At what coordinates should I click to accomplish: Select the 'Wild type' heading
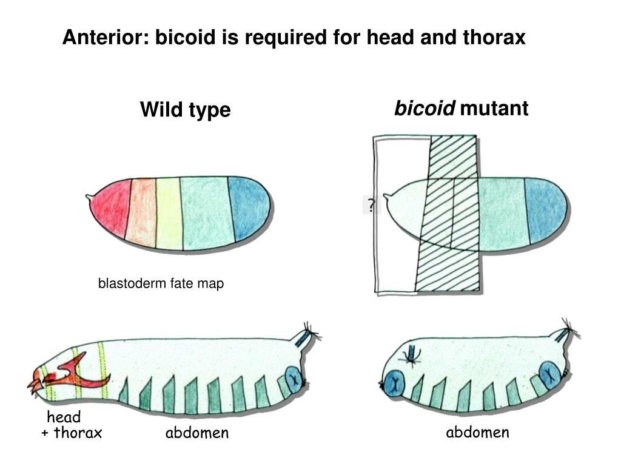click(185, 110)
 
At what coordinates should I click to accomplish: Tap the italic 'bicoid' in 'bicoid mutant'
click(425, 109)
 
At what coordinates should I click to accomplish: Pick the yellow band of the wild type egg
click(169, 212)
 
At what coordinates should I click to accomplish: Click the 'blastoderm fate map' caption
click(161, 283)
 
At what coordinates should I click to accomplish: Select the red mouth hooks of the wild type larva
click(36, 382)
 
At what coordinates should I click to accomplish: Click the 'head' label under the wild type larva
click(64, 417)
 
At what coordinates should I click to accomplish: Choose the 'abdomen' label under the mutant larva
click(477, 432)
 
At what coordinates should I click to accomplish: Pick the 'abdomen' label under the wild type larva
click(197, 433)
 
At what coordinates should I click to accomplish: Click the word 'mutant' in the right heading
click(494, 109)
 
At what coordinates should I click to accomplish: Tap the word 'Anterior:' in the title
click(107, 38)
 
